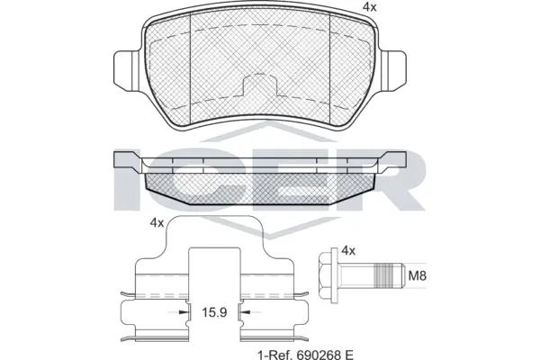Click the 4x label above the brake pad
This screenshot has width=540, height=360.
pyautogui.click(x=368, y=7)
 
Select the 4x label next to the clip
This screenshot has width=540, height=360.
pyautogui.click(x=156, y=223)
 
